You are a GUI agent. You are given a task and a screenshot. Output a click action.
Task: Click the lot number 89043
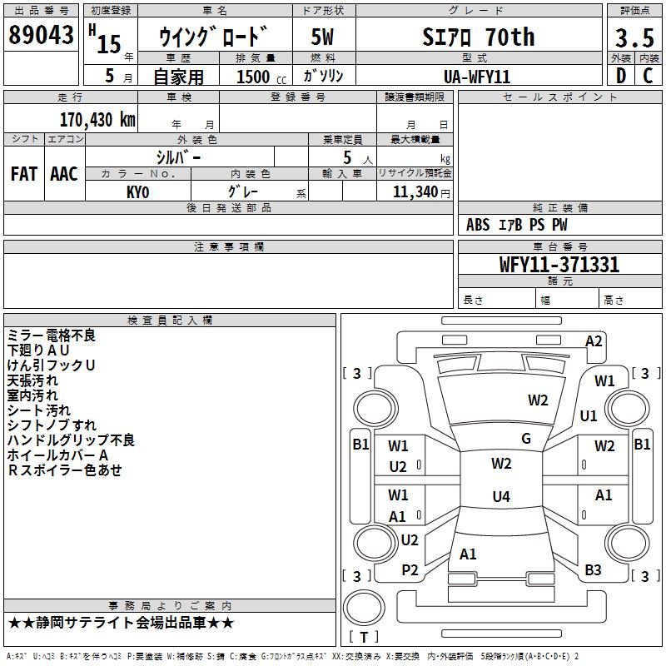[x=41, y=35]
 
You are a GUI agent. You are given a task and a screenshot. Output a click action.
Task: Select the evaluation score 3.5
[x=633, y=37]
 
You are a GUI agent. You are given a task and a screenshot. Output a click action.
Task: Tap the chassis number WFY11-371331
[x=559, y=265]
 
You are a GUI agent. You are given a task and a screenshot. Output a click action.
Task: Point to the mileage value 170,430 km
[x=97, y=119]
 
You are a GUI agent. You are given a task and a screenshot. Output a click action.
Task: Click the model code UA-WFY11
[x=477, y=76]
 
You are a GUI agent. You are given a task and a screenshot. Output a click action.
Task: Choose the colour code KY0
[x=137, y=191]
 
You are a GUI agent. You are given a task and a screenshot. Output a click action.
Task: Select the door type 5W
[x=322, y=37]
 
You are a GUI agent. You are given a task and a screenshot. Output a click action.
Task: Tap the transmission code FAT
[x=23, y=174]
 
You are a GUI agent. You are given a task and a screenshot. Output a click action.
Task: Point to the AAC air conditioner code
[x=64, y=174]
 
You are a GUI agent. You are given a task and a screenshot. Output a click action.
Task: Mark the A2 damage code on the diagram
[x=594, y=340]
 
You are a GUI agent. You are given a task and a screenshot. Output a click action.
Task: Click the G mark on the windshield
[x=526, y=438]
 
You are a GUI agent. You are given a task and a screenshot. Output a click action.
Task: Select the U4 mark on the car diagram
[x=500, y=497]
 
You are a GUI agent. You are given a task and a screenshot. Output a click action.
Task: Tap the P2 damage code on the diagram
[x=410, y=569]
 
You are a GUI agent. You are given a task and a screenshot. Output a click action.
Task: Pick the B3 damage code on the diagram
[x=593, y=569]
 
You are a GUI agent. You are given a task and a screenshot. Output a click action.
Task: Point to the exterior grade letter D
[x=620, y=76]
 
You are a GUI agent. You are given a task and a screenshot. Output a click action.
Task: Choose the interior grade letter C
[x=649, y=76]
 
